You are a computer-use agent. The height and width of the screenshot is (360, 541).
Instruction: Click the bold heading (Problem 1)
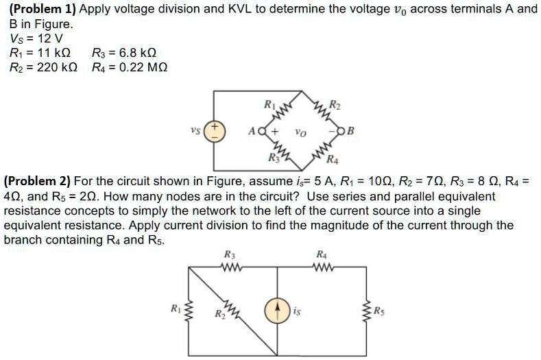[x=41, y=9]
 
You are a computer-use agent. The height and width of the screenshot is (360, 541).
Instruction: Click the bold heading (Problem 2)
[x=37, y=181]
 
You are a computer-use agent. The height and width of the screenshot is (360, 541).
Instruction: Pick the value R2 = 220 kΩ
[x=40, y=67]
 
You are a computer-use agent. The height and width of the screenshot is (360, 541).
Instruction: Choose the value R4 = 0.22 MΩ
[x=129, y=67]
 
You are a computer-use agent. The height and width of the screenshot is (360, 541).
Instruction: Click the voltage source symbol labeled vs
[x=214, y=131]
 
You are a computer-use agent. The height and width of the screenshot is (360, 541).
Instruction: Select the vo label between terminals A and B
[x=301, y=132]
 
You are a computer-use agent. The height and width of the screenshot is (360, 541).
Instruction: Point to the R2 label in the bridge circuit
[x=334, y=105]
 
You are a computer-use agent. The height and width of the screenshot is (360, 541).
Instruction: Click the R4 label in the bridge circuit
[x=333, y=161]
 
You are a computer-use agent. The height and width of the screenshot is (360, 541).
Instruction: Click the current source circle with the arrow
[x=277, y=312]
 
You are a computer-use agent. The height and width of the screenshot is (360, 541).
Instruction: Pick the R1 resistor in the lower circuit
[x=186, y=312]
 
